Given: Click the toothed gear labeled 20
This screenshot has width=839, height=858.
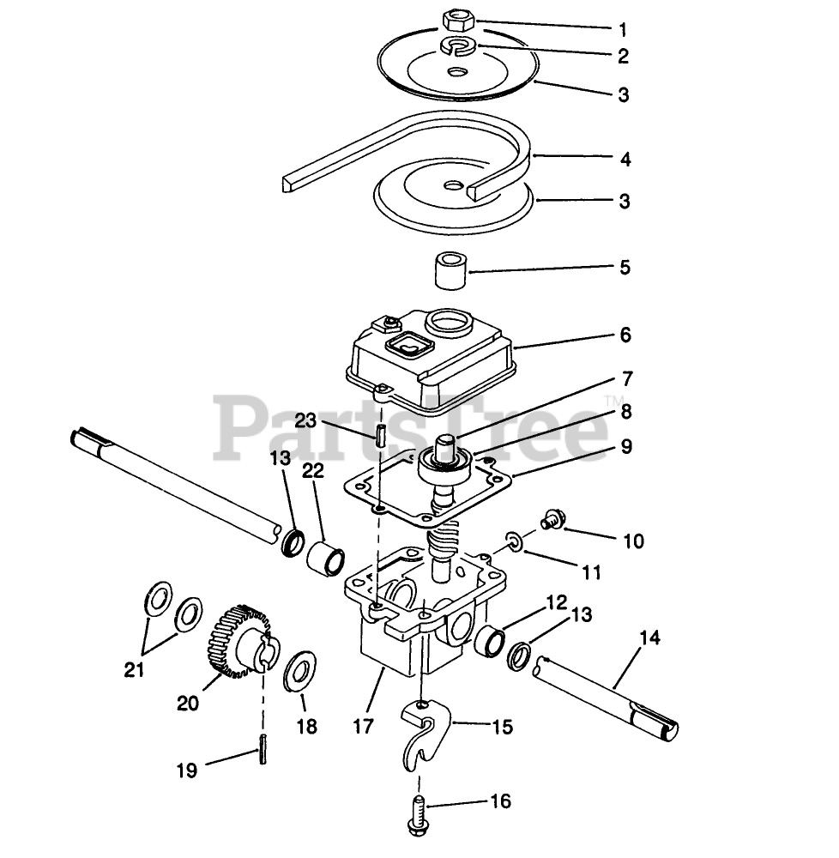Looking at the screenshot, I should pyautogui.click(x=239, y=640).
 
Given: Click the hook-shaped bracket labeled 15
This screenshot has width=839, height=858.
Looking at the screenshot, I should pyautogui.click(x=424, y=728).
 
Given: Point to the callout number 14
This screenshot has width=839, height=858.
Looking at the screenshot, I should pyautogui.click(x=650, y=637).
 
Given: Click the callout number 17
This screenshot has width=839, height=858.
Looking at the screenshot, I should pyautogui.click(x=364, y=726).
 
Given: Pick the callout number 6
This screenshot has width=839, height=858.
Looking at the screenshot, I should pyautogui.click(x=625, y=335).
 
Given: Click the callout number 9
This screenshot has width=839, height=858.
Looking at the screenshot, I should pyautogui.click(x=626, y=446).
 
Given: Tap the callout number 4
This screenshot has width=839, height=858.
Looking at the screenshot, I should pyautogui.click(x=625, y=160).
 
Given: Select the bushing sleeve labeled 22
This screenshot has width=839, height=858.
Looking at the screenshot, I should pyautogui.click(x=327, y=559).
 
